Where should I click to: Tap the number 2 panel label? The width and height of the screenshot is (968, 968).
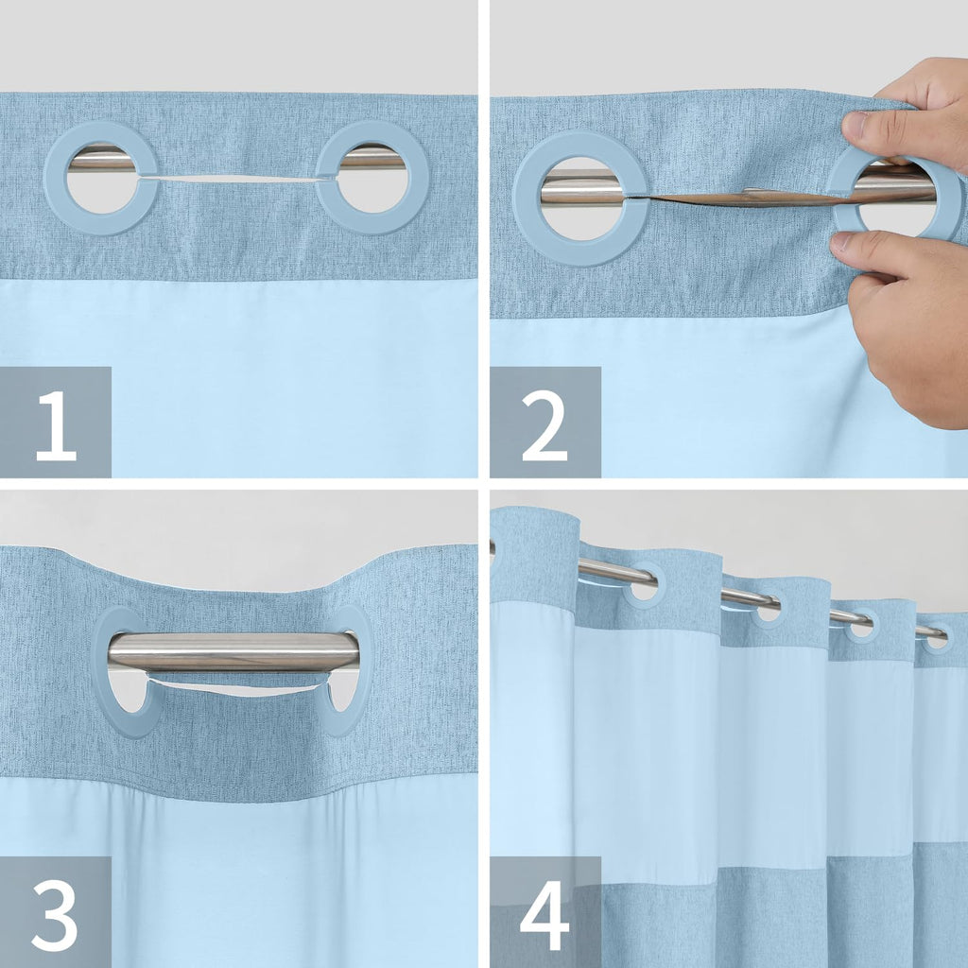[544, 423]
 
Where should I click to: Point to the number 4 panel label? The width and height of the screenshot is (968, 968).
[544, 912]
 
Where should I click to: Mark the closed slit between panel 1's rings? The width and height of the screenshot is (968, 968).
[236, 178]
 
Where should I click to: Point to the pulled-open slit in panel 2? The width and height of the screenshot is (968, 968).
[737, 199]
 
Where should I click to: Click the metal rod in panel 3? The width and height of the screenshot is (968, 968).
[233, 651]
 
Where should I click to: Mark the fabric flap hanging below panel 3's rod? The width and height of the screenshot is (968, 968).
[233, 684]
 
